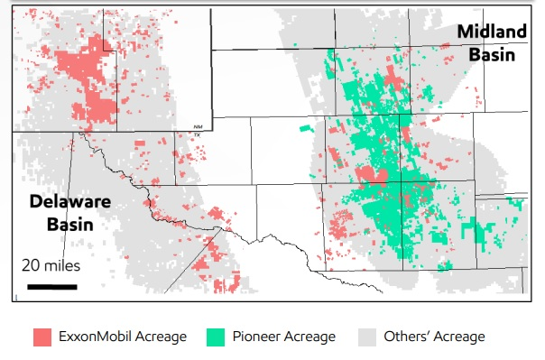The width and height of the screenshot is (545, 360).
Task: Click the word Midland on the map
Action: tap(491, 32)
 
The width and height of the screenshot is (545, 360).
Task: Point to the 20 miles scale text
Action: tap(51, 266)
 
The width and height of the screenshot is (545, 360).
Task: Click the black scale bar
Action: tap(51, 286)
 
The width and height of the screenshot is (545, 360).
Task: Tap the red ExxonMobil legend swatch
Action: tap(42, 337)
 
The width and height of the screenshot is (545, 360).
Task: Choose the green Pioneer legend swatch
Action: tap(216, 337)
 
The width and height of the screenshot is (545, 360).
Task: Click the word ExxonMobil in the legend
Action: tap(96, 337)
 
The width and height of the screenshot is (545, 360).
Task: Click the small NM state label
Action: tap(198, 126)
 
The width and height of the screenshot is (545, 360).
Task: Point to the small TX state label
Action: tap(198, 134)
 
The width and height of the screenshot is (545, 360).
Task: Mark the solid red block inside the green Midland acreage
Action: tap(371, 173)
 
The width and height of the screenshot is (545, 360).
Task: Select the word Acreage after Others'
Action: tap(460, 337)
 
